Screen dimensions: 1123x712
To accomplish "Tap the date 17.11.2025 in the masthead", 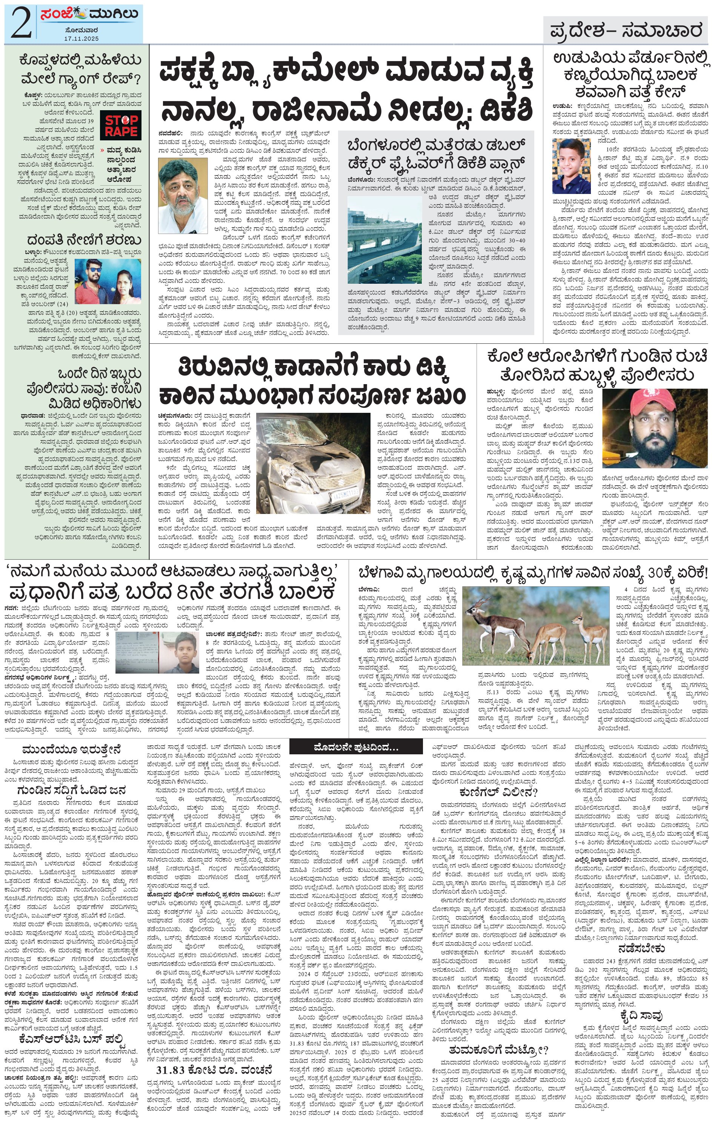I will point(82,38).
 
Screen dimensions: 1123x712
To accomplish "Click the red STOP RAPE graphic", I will point(121,125).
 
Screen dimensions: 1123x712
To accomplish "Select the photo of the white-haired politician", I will point(182,195).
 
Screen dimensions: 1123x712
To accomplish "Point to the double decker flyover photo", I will point(384,239).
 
